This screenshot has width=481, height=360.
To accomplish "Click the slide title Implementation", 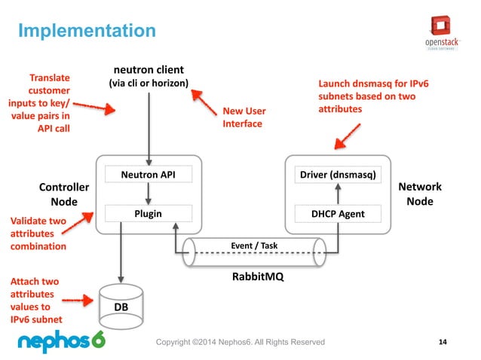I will [x=86, y=31].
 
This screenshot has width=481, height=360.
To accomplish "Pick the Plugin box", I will [x=148, y=213].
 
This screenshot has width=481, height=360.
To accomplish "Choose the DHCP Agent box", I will [x=338, y=213].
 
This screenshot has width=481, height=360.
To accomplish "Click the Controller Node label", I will [x=63, y=194].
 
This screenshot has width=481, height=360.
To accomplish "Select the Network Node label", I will [x=419, y=194].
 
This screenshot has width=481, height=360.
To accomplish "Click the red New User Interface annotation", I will [x=244, y=117].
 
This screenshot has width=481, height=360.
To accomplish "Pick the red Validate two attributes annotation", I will [x=38, y=233].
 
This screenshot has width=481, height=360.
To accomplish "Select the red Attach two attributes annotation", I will [x=35, y=301].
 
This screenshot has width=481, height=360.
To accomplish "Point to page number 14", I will [x=443, y=343].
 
